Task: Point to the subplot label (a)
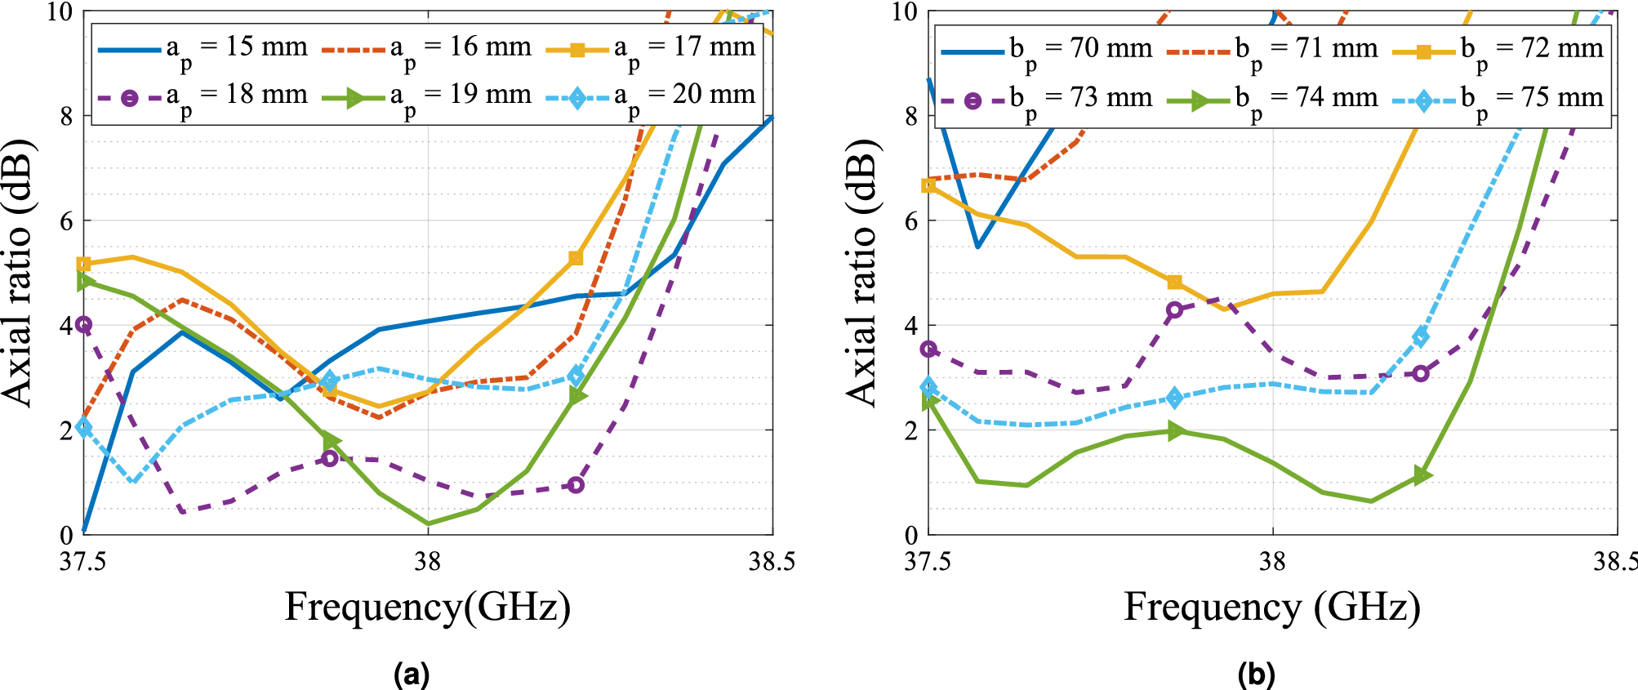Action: pyautogui.click(x=411, y=674)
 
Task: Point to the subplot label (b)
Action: pyautogui.click(x=1256, y=674)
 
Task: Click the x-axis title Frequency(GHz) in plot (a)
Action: pyautogui.click(x=427, y=608)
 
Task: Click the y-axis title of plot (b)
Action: pyautogui.click(x=862, y=273)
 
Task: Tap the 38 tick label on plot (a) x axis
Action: pyautogui.click(x=427, y=562)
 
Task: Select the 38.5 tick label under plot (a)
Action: pyautogui.click(x=772, y=562)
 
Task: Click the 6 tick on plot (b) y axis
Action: pyautogui.click(x=912, y=221)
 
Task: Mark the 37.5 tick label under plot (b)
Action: pyautogui.click(x=928, y=562)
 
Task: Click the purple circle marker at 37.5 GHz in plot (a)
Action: pyautogui.click(x=83, y=325)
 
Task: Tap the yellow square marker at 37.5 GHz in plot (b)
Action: pyautogui.click(x=928, y=185)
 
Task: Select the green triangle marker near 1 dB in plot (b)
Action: pyautogui.click(x=1421, y=475)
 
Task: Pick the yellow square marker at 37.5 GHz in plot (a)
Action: pyautogui.click(x=83, y=264)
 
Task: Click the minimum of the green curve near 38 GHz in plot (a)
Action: pyautogui.click(x=428, y=523)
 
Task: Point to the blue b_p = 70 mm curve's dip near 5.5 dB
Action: pyautogui.click(x=978, y=246)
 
